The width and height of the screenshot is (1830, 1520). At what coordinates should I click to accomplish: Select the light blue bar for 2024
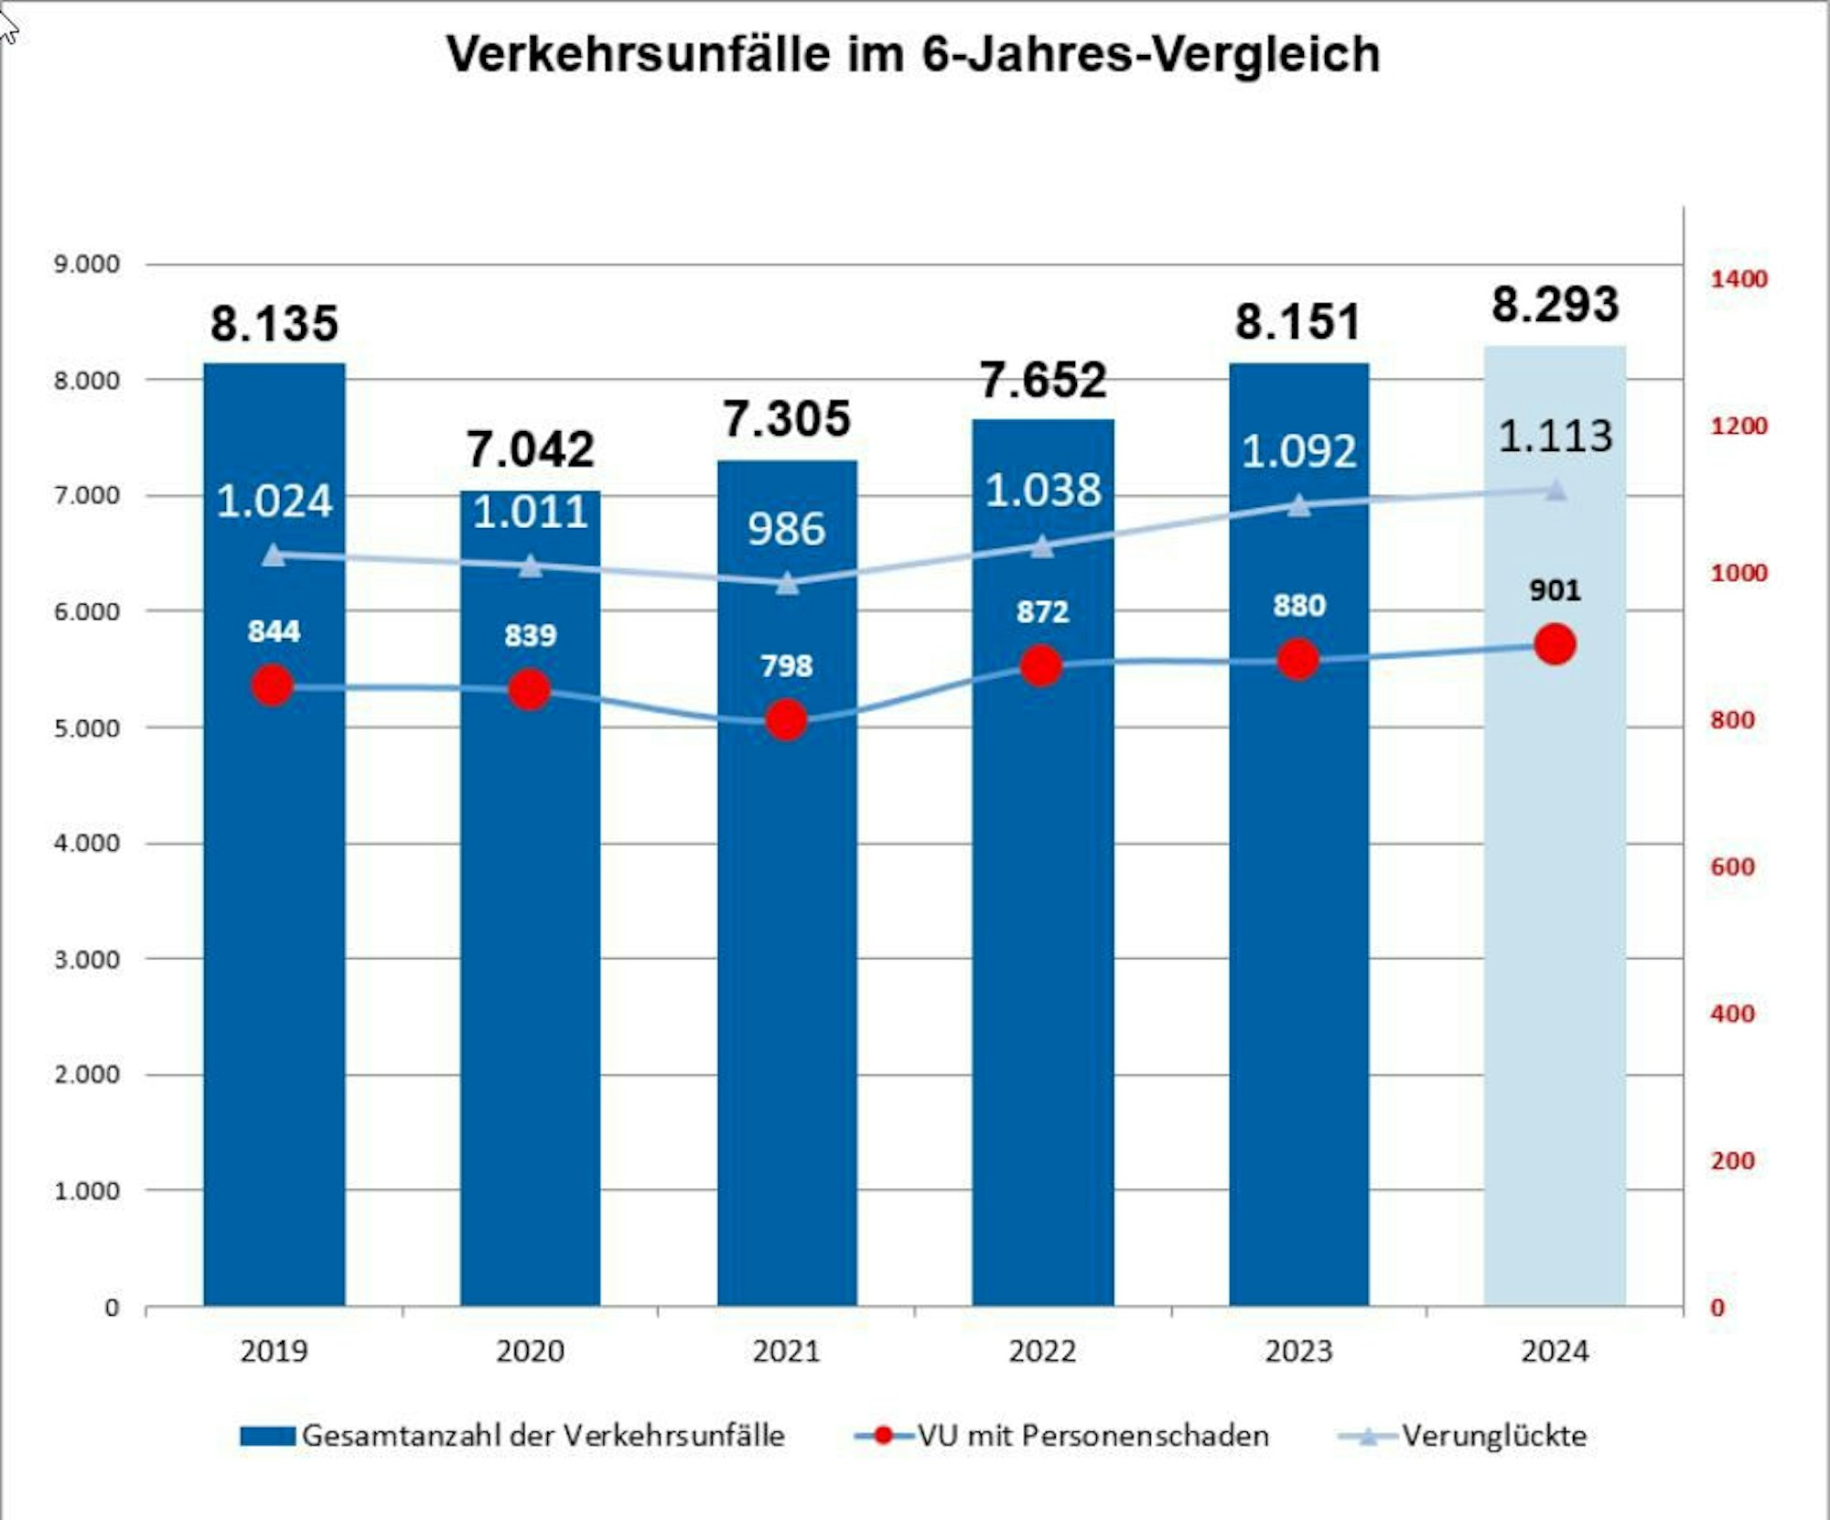coord(1555,915)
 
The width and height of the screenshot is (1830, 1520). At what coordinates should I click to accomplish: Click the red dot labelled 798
coord(786,720)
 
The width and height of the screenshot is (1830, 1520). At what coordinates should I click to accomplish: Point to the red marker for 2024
coord(1555,644)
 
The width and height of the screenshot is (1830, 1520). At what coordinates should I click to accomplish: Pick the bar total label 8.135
coord(274,324)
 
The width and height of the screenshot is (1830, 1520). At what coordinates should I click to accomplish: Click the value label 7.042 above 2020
coord(531,449)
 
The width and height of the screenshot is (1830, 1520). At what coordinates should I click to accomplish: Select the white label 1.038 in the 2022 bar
coord(1043,490)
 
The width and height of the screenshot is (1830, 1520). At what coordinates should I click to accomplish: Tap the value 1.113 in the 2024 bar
coord(1555,437)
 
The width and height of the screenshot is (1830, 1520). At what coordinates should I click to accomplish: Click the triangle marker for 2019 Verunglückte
coord(274,555)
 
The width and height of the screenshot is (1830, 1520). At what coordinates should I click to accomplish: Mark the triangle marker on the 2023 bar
coord(1298,505)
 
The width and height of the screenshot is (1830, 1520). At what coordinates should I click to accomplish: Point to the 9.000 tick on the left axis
coord(87,264)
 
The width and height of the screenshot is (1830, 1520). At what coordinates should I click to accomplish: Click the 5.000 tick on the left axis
coord(87,728)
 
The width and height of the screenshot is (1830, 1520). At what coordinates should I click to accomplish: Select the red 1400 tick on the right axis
coord(1738,279)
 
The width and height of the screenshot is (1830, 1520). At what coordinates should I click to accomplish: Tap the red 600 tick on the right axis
coord(1732,867)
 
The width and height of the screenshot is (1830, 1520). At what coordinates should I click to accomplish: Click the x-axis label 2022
coord(1042,1351)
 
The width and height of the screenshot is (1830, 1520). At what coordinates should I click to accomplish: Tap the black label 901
coord(1555,590)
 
